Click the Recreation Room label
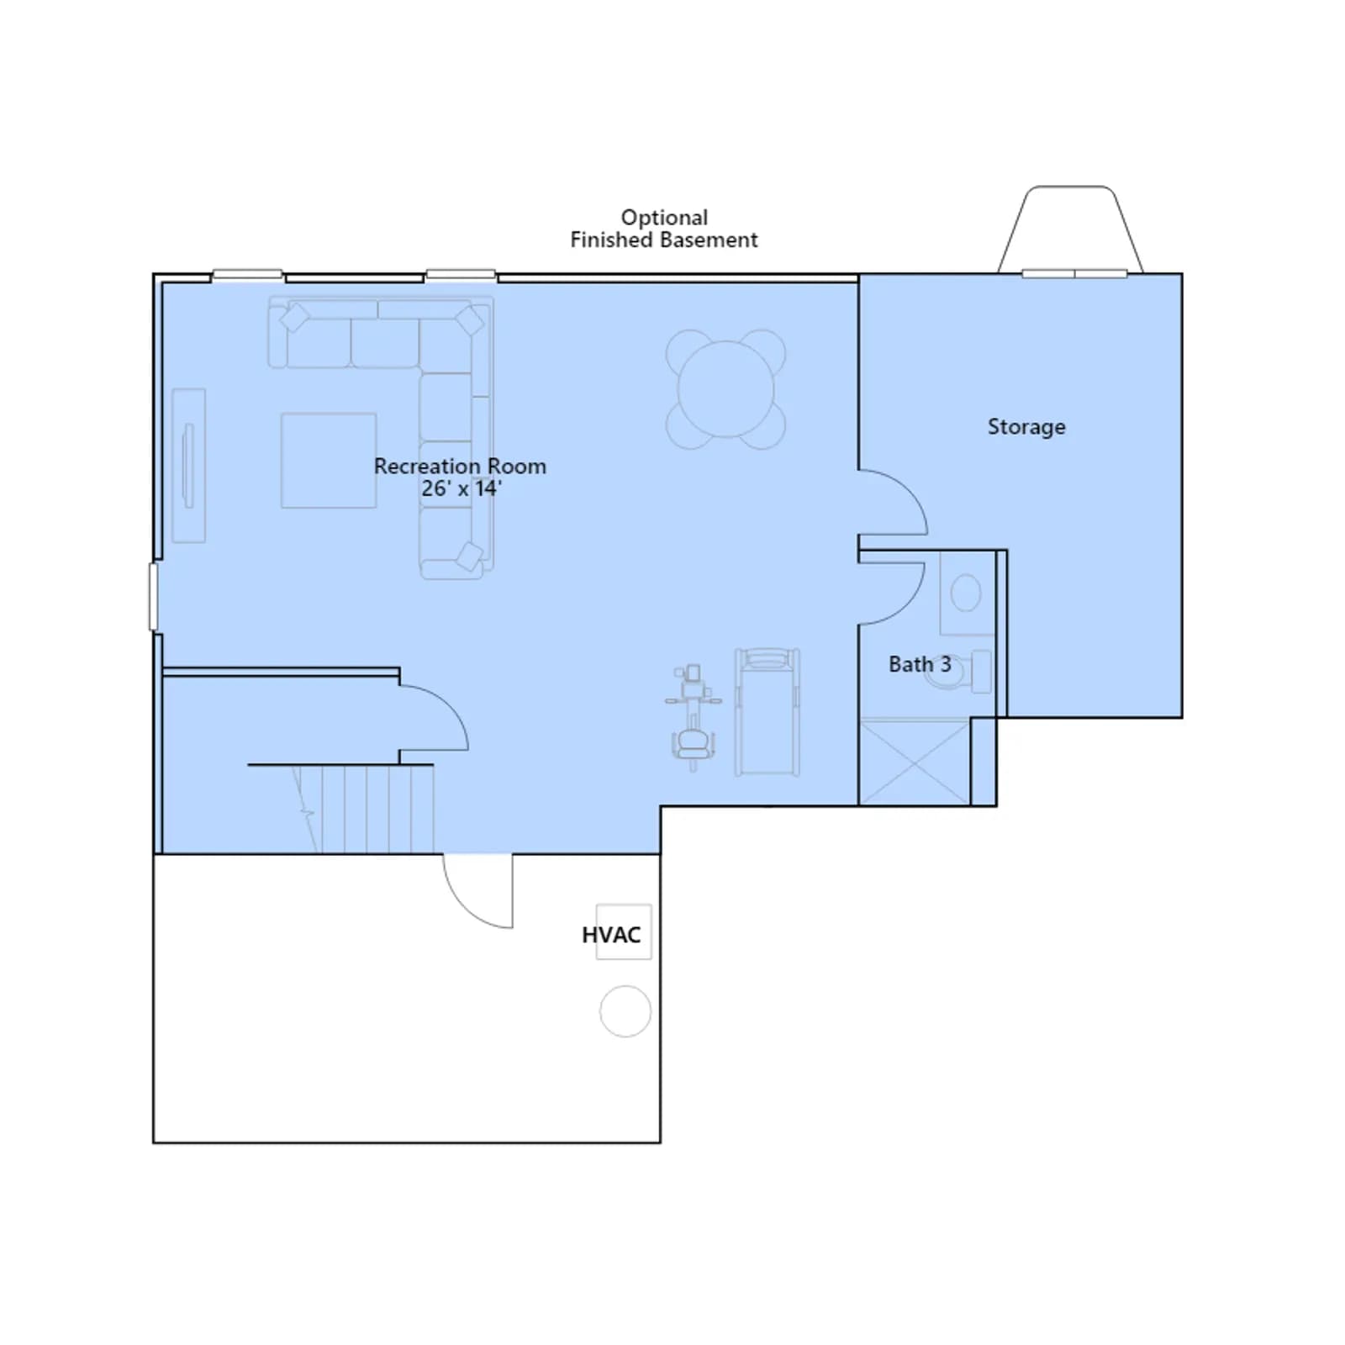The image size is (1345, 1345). (x=460, y=466)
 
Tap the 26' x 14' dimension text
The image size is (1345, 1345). (x=462, y=488)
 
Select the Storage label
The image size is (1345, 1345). (x=1026, y=427)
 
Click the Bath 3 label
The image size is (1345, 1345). (x=920, y=664)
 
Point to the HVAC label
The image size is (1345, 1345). (x=611, y=935)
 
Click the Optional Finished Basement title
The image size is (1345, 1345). (x=664, y=229)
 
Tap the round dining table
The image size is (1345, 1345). (x=726, y=389)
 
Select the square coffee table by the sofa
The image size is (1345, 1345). (x=329, y=460)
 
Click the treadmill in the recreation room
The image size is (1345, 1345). (x=767, y=711)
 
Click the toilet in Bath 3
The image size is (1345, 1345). (x=958, y=671)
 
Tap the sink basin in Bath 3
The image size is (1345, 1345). (x=966, y=593)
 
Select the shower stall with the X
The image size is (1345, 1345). (x=915, y=762)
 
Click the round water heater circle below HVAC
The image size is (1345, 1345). (x=625, y=1011)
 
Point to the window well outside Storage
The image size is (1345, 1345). (x=1070, y=229)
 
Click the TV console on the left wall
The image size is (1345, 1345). (x=189, y=466)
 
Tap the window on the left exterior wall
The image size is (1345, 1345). (x=153, y=597)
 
